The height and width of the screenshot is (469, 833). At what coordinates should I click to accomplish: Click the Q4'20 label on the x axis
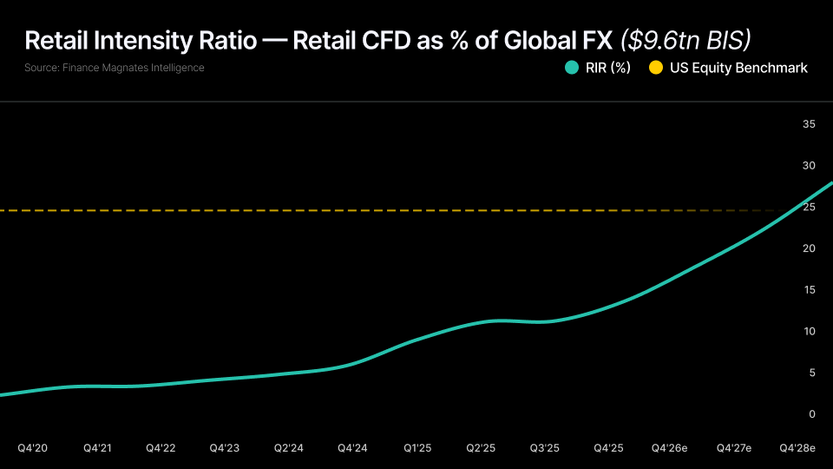[x=33, y=448]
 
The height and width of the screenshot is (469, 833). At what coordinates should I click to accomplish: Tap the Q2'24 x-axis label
[x=289, y=448]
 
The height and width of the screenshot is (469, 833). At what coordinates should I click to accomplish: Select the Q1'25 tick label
[x=417, y=448]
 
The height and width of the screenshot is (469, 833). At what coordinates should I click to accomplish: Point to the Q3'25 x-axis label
[x=545, y=448]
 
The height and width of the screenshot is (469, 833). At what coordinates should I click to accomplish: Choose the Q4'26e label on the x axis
[x=670, y=448]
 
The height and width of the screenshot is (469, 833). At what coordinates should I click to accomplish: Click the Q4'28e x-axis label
[x=797, y=448]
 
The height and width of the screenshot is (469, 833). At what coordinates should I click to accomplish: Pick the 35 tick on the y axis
[x=810, y=125]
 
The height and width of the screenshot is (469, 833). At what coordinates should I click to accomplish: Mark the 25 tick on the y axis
[x=810, y=208]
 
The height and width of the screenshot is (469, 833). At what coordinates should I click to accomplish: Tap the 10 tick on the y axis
[x=810, y=332]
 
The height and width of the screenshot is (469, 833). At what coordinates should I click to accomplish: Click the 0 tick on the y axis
[x=812, y=414]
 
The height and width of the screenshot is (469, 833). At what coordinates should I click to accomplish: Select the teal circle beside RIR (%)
[x=572, y=68]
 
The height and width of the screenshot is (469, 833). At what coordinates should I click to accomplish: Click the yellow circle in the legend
[x=656, y=68]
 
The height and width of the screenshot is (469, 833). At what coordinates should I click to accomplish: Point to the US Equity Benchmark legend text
[x=738, y=68]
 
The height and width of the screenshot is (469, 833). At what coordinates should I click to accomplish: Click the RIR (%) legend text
[x=608, y=68]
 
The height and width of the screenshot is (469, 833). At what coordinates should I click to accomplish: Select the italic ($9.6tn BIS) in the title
[x=685, y=40]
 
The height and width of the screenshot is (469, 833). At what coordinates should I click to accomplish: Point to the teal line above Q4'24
[x=353, y=363]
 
